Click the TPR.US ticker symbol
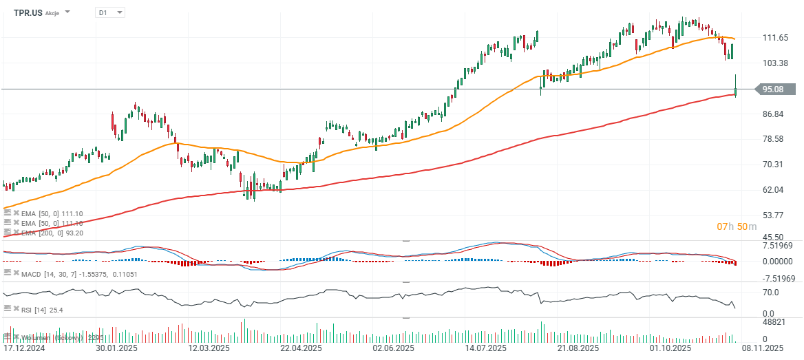(x=28, y=12)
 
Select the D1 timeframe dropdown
(x=109, y=12)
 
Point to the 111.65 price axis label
(x=776, y=38)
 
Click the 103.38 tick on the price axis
(x=776, y=63)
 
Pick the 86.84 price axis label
(x=775, y=114)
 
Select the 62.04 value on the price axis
(x=775, y=190)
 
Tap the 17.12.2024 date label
(x=24, y=350)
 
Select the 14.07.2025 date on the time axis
(x=485, y=350)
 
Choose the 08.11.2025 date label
(x=761, y=350)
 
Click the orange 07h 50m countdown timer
(x=737, y=226)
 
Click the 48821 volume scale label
(x=775, y=322)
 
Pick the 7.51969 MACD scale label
(x=779, y=246)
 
